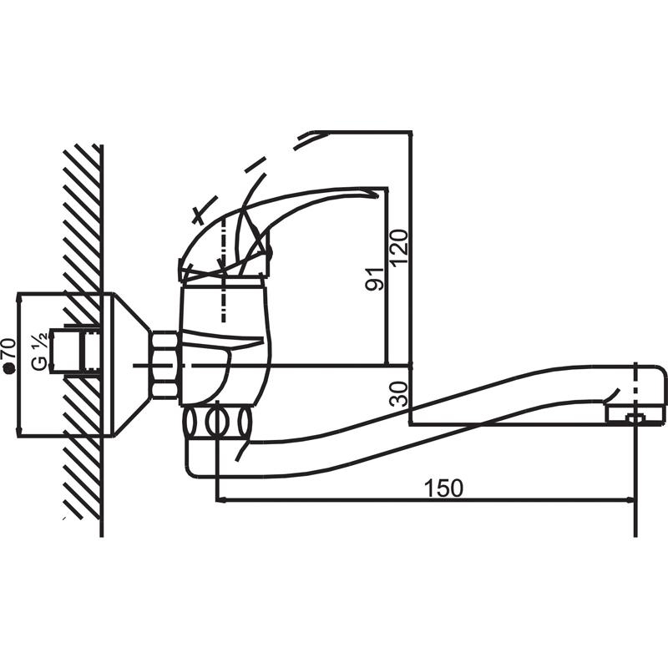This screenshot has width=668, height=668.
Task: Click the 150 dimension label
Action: click(x=443, y=488)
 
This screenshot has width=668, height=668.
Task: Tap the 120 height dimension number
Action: click(x=400, y=248)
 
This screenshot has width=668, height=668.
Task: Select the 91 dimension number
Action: click(x=375, y=280)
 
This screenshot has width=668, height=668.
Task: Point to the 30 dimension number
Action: click(x=399, y=393)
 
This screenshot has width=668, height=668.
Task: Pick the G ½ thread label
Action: click(x=39, y=352)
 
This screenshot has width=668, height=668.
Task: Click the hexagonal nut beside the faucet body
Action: click(x=164, y=365)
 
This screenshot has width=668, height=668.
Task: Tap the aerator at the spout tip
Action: click(x=635, y=414)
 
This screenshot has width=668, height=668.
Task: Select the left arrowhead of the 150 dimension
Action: click(x=220, y=500)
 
